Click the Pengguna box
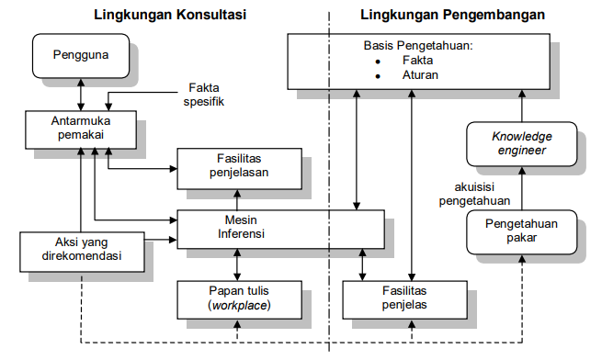pos(81,55)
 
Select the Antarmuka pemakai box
pos(81,129)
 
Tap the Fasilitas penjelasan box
pos(237,165)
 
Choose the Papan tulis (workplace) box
pos(237,298)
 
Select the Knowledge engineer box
pos(519,143)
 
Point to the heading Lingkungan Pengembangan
pos(452,16)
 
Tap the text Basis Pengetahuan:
pos(415,45)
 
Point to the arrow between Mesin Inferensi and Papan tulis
pos(237,264)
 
